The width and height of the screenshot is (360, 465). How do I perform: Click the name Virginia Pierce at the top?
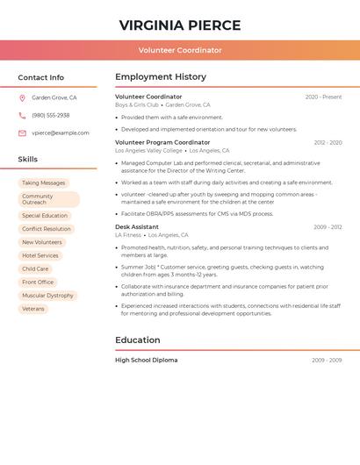click(179, 25)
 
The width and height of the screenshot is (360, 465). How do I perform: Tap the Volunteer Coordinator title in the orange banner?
click(179, 50)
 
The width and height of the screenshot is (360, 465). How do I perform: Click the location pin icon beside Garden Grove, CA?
click(22, 98)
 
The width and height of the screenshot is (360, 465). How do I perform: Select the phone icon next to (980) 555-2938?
click(22, 116)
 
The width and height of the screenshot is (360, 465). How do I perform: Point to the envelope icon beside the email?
click(22, 133)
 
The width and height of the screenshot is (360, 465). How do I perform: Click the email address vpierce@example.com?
click(61, 133)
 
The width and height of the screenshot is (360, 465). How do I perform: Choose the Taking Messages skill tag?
click(43, 183)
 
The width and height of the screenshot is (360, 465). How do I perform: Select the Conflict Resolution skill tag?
click(47, 229)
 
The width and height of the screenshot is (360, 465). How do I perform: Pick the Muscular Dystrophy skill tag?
click(47, 296)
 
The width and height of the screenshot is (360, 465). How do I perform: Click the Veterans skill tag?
click(33, 309)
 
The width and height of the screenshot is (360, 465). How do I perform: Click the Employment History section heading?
click(161, 77)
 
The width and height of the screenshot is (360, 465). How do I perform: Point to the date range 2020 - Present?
click(323, 97)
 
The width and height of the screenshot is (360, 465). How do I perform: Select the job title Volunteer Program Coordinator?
click(162, 142)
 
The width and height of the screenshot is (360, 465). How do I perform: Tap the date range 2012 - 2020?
click(328, 142)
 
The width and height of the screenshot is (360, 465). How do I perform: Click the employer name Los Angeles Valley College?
click(151, 151)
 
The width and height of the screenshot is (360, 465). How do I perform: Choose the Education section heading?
click(138, 340)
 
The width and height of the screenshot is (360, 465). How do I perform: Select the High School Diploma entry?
click(146, 361)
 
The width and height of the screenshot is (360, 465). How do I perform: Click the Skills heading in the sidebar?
click(28, 160)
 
